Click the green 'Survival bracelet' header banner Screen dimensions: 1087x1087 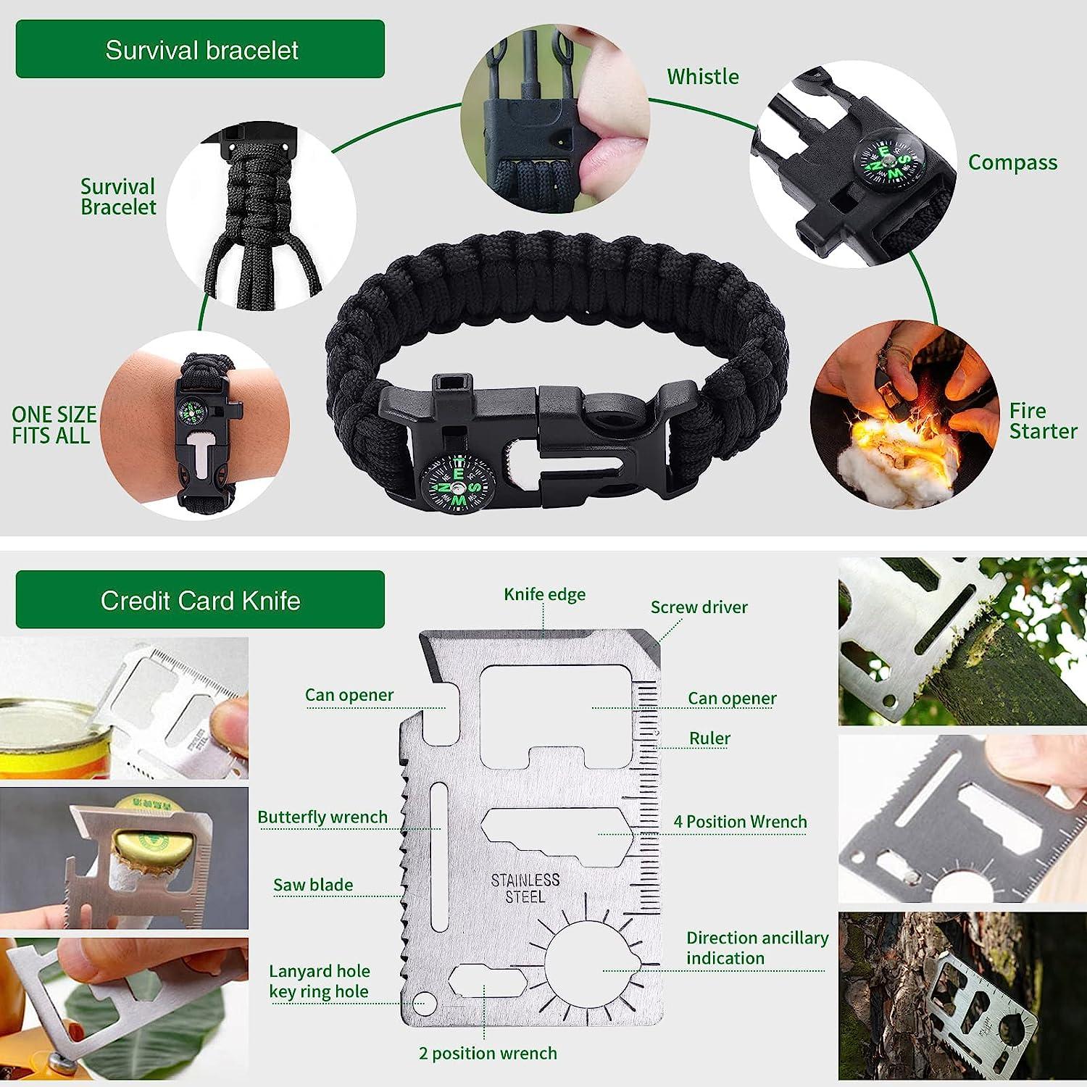200,49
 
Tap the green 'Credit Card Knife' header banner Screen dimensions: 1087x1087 200,600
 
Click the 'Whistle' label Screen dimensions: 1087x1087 702,77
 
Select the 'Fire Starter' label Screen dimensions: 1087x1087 1042,421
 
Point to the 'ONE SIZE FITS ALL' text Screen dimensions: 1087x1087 54,425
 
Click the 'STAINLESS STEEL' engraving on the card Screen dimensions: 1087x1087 525,888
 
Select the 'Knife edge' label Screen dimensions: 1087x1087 544,594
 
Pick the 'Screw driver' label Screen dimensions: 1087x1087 699,607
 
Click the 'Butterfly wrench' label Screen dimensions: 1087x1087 322,817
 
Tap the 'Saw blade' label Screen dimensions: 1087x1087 313,885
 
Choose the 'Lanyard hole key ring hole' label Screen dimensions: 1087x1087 319,981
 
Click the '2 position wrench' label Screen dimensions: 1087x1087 488,1053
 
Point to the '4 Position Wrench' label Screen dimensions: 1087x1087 740,822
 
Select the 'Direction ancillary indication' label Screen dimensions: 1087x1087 757,948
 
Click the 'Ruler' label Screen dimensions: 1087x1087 709,738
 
